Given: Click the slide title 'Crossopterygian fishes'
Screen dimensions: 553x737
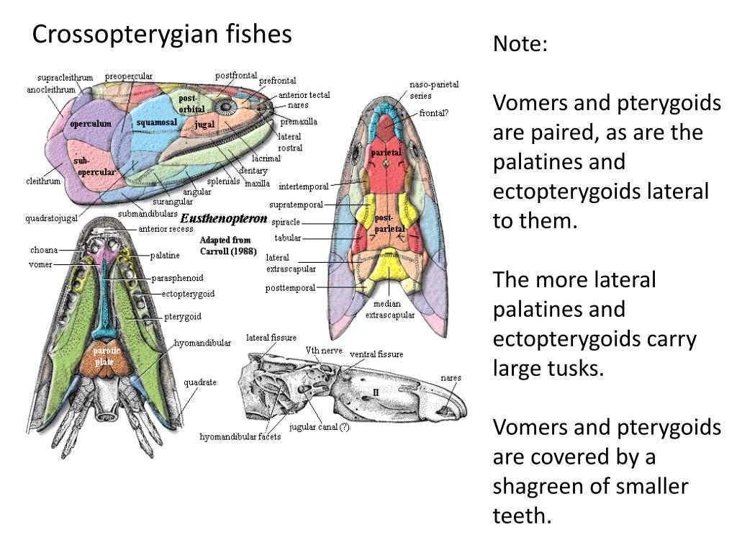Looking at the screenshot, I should pos(162,34).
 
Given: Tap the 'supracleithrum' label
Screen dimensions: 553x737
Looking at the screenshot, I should pos(65,78).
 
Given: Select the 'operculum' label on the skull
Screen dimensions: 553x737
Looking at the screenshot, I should pos(91,124).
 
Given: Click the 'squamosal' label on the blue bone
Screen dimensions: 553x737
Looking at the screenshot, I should pos(157,122).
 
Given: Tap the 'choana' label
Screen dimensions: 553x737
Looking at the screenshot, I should pos(44,250).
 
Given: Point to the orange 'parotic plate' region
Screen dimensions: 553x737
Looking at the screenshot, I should pos(107,357).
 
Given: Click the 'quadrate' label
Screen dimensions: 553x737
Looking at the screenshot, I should pos(199,382).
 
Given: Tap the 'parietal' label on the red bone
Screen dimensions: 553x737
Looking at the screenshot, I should pos(386,153).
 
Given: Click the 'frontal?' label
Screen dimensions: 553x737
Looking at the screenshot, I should pos(433,113).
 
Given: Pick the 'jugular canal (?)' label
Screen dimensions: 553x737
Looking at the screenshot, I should pos(319,427).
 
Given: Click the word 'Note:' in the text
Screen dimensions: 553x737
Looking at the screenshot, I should pos(520,44).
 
